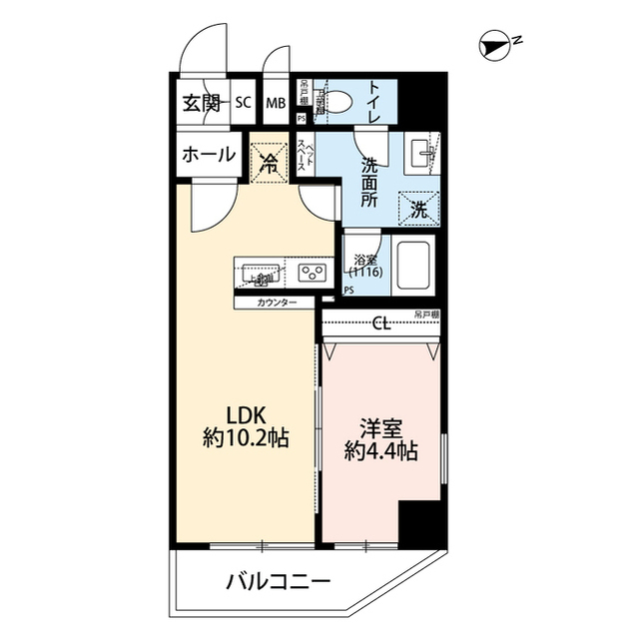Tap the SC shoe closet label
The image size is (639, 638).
(x=244, y=103)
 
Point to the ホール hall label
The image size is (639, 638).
(x=209, y=155)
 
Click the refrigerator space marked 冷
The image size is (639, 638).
(x=269, y=159)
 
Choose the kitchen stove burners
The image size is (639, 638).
(x=311, y=271)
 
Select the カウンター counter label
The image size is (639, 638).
(x=275, y=302)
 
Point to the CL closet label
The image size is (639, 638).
(x=380, y=322)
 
